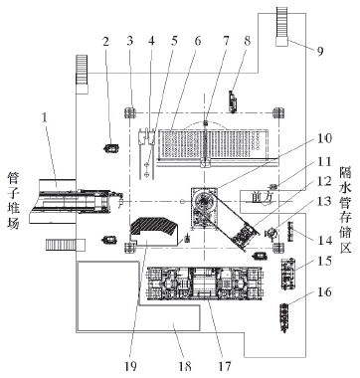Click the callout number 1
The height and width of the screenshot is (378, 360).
click(44, 118)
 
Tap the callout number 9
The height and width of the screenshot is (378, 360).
click(320, 52)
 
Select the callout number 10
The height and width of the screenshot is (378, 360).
click(324, 138)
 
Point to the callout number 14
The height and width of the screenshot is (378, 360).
click(325, 240)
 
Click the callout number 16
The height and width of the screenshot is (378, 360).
click(324, 291)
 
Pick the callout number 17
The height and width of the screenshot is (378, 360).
click(225, 366)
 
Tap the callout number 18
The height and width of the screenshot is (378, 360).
click(185, 366)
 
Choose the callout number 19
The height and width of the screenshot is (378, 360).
click(130, 366)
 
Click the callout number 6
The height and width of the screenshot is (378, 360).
click(198, 41)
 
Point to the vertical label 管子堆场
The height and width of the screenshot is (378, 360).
click(14, 202)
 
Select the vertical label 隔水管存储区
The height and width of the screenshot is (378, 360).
click(345, 210)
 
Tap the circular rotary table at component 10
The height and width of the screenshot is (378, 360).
click(204, 201)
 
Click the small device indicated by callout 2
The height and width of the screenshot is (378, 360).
click(111, 148)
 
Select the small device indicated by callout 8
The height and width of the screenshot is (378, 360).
click(233, 101)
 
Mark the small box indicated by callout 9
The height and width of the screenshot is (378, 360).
click(281, 42)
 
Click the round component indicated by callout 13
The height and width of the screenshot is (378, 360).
click(271, 233)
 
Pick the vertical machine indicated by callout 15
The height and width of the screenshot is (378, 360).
click(288, 274)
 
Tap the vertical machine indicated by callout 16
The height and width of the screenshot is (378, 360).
click(284, 317)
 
